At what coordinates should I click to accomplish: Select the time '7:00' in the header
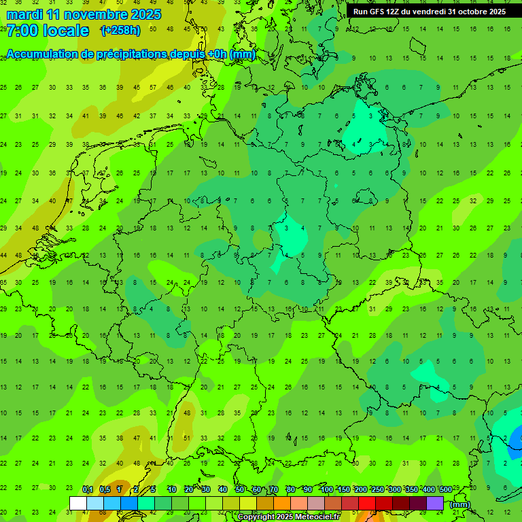(x=22, y=31)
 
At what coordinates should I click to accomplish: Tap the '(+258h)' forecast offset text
(x=120, y=31)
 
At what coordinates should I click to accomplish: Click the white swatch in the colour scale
(x=78, y=503)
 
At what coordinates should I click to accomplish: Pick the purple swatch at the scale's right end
(x=436, y=503)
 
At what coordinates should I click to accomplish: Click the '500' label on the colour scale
(x=446, y=490)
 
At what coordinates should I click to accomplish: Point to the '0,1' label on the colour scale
(x=88, y=490)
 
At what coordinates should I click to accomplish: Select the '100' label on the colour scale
(x=327, y=490)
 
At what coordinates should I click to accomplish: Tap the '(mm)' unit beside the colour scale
(x=460, y=504)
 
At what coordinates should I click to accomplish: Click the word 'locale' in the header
(x=65, y=31)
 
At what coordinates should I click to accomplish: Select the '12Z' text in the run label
(x=397, y=12)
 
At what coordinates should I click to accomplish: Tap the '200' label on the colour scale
(x=361, y=490)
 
